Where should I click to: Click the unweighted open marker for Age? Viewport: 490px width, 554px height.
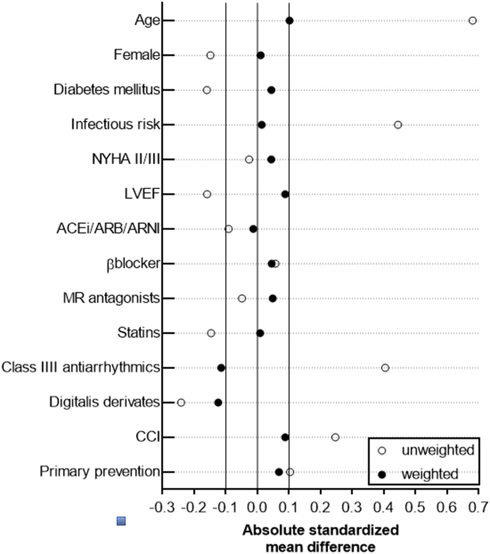tap(472, 21)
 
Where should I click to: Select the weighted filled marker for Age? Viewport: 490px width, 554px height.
tap(289, 21)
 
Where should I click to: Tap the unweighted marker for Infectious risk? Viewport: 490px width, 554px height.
tap(398, 125)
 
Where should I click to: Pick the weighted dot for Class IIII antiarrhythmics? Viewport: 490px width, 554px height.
tap(221, 368)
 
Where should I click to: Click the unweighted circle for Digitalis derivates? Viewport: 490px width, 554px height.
tap(181, 403)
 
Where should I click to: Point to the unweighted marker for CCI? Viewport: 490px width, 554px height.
tap(335, 437)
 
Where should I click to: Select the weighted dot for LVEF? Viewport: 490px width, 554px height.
tap(285, 194)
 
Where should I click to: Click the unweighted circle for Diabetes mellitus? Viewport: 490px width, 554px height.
tap(207, 90)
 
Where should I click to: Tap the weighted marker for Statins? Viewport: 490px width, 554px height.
tap(260, 333)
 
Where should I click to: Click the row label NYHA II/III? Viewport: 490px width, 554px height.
tap(126, 159)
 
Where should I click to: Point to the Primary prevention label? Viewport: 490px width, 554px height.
tap(100, 472)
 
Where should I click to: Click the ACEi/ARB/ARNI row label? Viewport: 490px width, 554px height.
tap(113, 229)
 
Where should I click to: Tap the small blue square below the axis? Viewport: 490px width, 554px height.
tap(121, 521)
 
